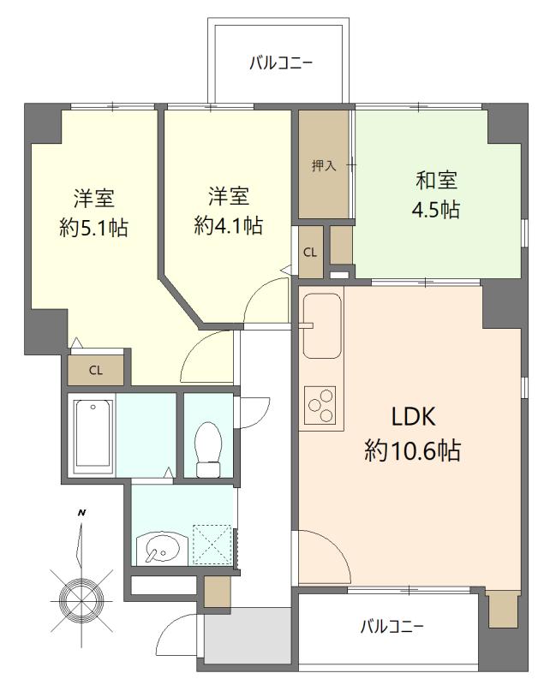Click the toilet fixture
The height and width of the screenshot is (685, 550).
[x=208, y=450]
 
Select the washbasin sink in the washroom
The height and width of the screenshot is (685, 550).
[x=161, y=547]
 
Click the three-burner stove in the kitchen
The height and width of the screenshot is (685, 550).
[x=321, y=405]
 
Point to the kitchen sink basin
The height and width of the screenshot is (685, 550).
[x=322, y=325]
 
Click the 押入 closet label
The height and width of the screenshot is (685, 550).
[x=324, y=166]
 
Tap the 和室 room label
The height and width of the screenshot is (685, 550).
[x=436, y=181]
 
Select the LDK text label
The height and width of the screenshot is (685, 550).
[x=414, y=417]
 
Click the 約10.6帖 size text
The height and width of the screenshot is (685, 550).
[x=413, y=450]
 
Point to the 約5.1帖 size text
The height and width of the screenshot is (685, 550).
[x=93, y=228]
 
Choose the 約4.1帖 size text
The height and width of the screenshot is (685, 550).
[x=228, y=226]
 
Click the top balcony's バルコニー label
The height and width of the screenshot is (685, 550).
[x=281, y=63]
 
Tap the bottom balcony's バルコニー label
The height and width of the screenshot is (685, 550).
[x=392, y=628]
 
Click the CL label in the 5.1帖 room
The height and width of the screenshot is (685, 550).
[x=96, y=371]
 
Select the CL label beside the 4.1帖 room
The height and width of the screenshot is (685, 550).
[x=310, y=252]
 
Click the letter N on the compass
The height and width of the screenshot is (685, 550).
[x=81, y=513]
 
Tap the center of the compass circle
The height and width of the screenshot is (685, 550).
[x=81, y=601]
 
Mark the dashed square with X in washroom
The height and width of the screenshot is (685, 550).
[x=212, y=544]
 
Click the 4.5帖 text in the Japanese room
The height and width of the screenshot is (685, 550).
[x=436, y=210]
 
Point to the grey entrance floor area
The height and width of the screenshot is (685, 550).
[x=248, y=635]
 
